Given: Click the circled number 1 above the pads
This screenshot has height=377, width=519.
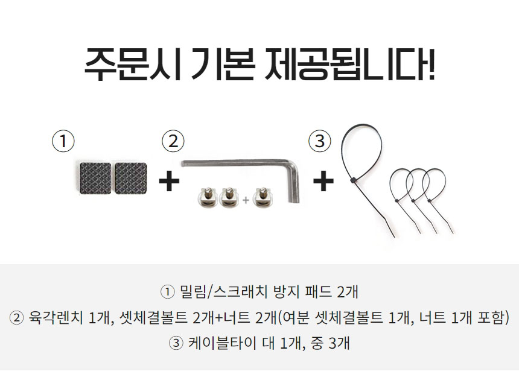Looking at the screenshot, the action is click(63, 141).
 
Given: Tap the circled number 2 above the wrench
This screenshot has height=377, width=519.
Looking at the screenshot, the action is click(173, 141).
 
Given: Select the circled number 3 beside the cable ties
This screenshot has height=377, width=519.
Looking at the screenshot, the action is click(319, 141).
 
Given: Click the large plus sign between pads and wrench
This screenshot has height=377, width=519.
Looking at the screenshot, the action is click(169, 181).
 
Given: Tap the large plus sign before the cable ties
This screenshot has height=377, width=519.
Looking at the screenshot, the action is click(323, 181).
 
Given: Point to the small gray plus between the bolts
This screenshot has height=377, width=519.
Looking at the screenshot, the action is click(246, 200).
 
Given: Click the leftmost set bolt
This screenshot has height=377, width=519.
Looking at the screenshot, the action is click(208, 197).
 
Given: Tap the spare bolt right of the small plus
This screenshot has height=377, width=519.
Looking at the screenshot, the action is click(263, 197).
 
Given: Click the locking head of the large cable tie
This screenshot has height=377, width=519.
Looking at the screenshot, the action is click(353, 180).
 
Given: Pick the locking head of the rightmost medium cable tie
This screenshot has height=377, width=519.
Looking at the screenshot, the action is click(429, 201).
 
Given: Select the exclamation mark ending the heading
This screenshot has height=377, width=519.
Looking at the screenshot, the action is click(431, 64).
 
